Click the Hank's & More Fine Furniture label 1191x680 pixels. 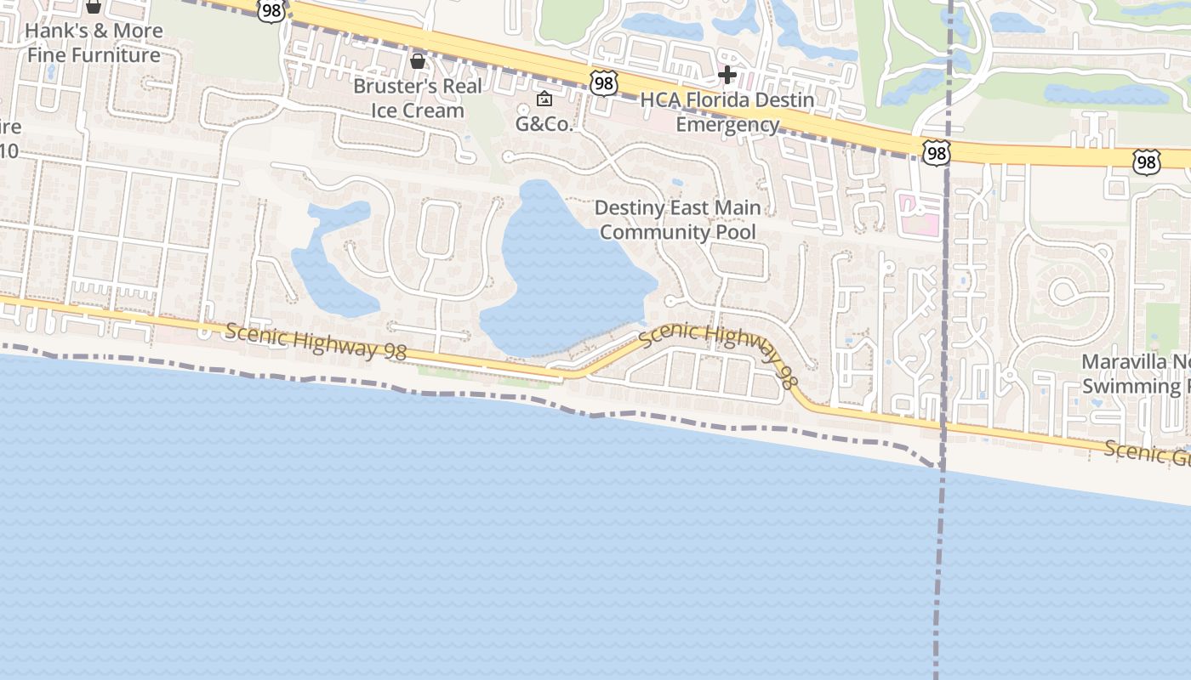pyautogui.click(x=94, y=42)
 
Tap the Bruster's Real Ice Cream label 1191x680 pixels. pyautogui.click(x=417, y=98)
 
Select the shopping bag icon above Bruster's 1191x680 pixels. pyautogui.click(x=418, y=61)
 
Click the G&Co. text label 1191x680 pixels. pyautogui.click(x=545, y=123)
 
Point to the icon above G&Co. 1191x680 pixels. pyautogui.click(x=544, y=99)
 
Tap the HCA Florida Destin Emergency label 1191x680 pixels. pyautogui.click(x=727, y=112)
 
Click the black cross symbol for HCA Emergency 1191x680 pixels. pyautogui.click(x=727, y=75)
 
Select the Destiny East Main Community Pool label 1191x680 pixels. pyautogui.click(x=678, y=219)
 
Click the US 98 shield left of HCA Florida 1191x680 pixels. pyautogui.click(x=603, y=83)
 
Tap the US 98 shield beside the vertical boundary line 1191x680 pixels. pyautogui.click(x=936, y=153)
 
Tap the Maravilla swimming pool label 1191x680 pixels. pyautogui.click(x=1136, y=374)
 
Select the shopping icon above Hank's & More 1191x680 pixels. pyautogui.click(x=94, y=7)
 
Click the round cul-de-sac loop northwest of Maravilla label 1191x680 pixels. pyautogui.click(x=1063, y=292)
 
